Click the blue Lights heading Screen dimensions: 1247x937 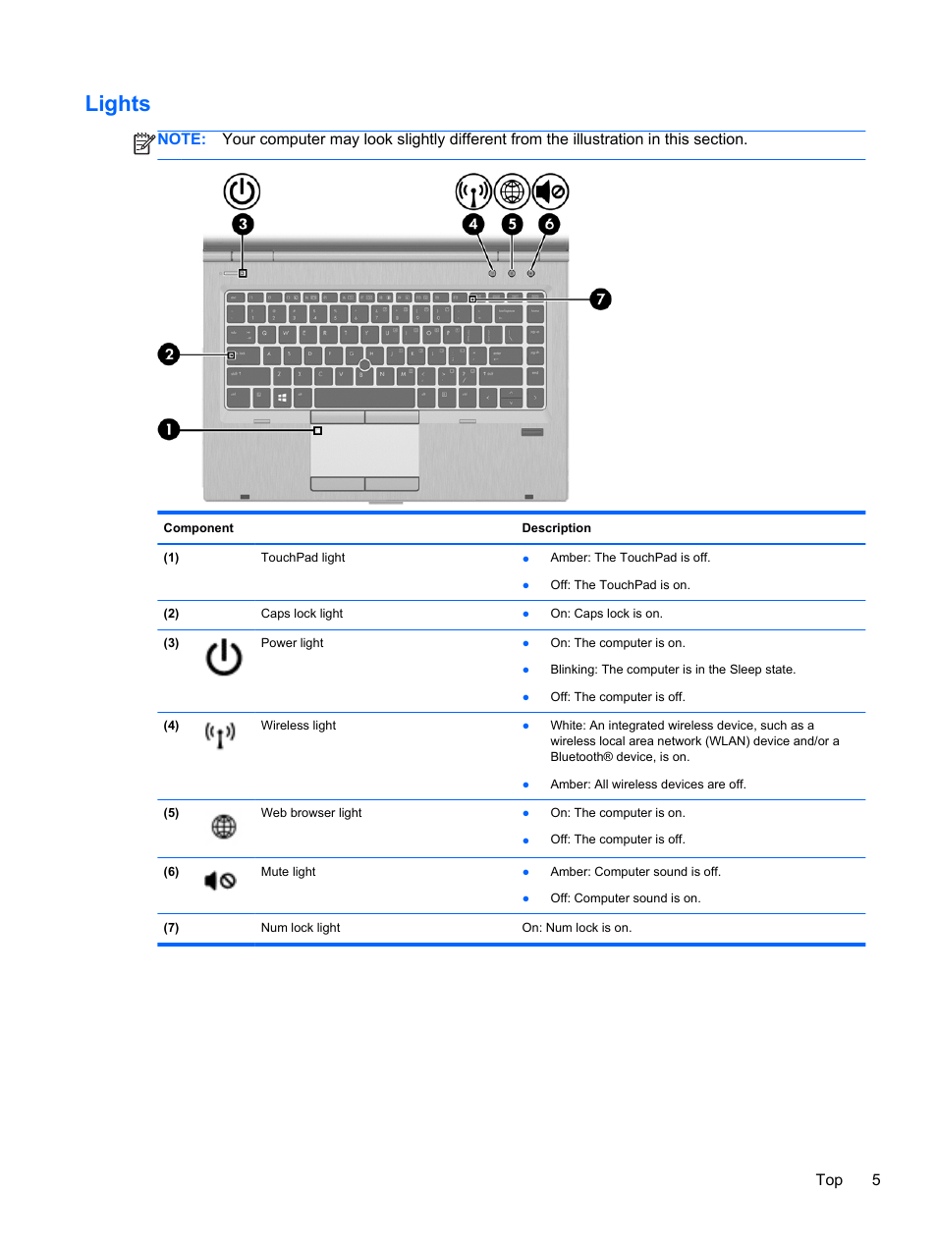coord(118,104)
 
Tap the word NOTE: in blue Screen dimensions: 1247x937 coord(182,139)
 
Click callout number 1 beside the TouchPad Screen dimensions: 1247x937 coord(169,429)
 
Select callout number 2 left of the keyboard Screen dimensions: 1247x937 coord(169,353)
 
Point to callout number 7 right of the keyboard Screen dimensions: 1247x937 coord(600,298)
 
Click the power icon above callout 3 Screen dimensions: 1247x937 coord(242,191)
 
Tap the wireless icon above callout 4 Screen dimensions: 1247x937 coord(473,191)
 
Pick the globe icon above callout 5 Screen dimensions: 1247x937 coord(512,191)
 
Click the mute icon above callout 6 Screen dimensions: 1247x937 coord(550,191)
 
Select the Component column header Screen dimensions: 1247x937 coord(198,528)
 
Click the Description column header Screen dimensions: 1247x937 coord(556,528)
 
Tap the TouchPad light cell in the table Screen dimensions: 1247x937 coord(303,558)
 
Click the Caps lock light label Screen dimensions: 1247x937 coord(302,614)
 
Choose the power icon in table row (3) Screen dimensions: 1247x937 coord(224,657)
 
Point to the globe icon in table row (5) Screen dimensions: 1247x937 coord(224,827)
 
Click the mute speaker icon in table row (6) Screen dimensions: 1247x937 coord(220,881)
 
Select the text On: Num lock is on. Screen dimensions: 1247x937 coord(577,928)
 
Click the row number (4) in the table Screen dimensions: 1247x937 coord(171,726)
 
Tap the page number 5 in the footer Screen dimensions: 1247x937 coord(876,1180)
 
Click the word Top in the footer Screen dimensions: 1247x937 coord(829,1180)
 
